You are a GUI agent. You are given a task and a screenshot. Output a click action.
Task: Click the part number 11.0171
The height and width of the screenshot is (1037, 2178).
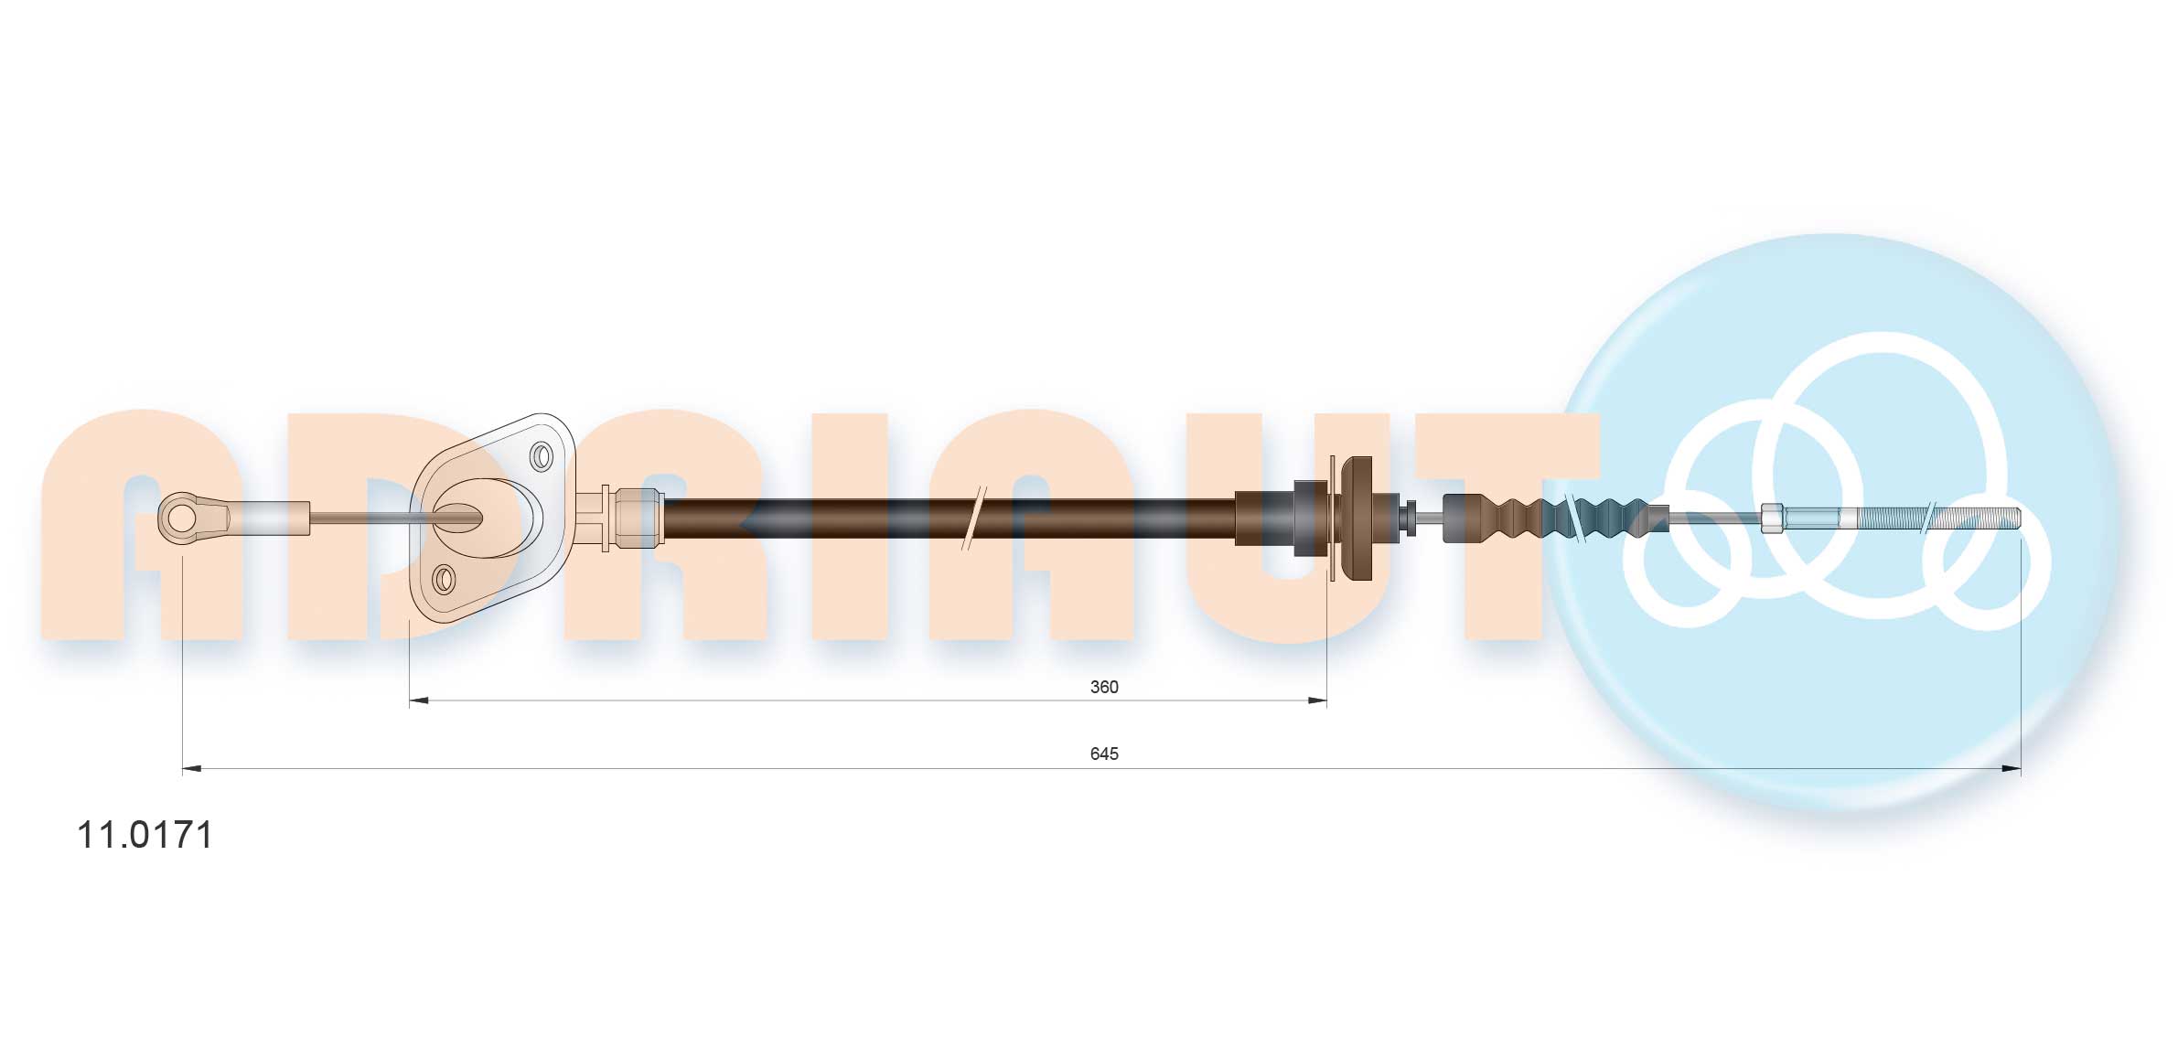click(145, 835)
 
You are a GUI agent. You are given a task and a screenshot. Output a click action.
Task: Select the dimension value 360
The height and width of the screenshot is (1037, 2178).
click(1103, 687)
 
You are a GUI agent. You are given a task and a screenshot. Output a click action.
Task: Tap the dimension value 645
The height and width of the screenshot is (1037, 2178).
click(1103, 754)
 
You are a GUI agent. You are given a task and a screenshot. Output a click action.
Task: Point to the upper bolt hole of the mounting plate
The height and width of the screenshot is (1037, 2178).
click(542, 455)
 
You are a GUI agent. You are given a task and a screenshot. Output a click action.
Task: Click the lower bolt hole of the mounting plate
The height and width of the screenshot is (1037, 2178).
click(444, 578)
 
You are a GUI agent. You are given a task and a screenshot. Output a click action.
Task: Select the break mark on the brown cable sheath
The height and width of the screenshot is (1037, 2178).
click(973, 518)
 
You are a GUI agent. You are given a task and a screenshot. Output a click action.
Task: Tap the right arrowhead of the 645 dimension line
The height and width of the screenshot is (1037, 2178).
click(2012, 769)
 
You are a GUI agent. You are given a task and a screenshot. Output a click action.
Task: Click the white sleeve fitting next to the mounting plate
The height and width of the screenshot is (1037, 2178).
click(638, 518)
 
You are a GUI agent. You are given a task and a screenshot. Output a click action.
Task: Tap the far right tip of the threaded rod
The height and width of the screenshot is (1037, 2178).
click(2017, 518)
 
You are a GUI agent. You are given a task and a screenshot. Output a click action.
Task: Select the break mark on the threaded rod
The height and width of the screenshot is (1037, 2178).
click(1927, 518)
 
